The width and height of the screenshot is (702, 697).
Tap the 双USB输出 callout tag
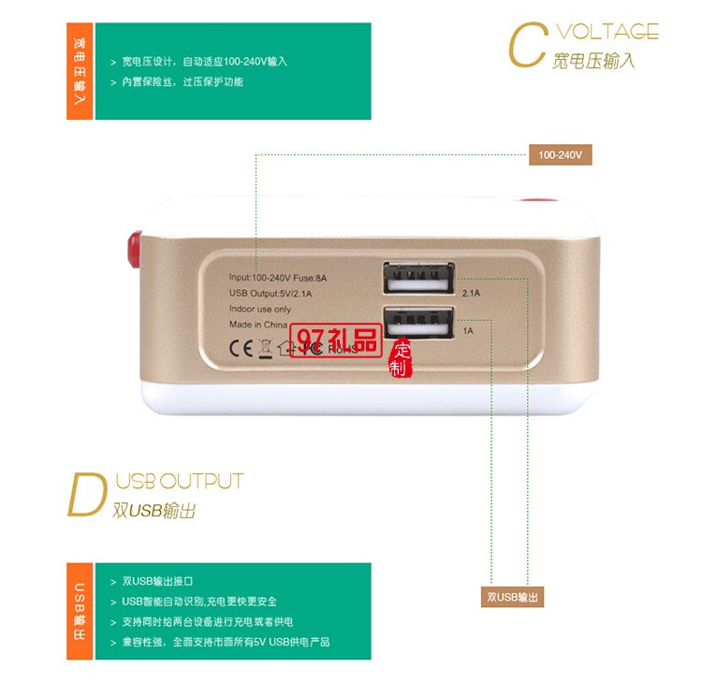pos(514,597)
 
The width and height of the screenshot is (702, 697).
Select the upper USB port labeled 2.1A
pos(417,279)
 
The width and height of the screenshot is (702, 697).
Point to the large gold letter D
pos(87,496)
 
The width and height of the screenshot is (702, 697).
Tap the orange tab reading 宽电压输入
pos(80,72)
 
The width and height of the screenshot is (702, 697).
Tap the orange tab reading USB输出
pos(80,611)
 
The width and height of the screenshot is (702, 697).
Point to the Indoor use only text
pos(260,310)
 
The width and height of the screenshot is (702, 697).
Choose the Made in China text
pos(258,325)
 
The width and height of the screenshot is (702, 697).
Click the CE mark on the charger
pos(241,348)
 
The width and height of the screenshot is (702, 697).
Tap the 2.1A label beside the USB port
pos(470,294)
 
